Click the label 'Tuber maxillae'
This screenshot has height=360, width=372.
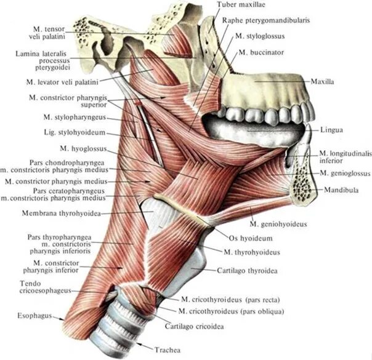[x=241, y=5]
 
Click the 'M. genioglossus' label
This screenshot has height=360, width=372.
[x=344, y=174]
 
